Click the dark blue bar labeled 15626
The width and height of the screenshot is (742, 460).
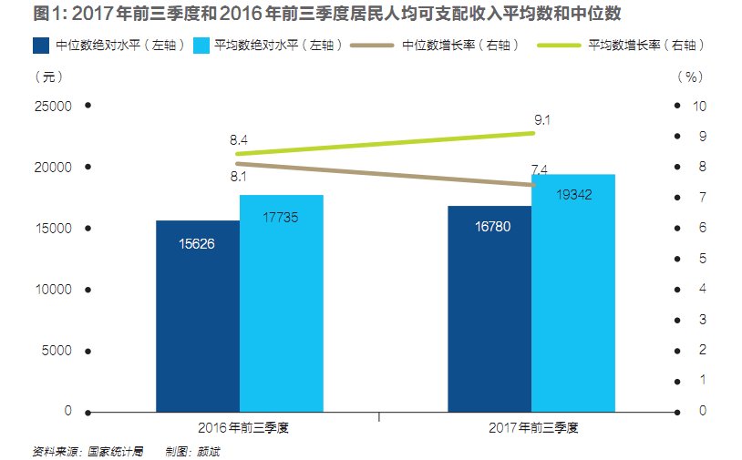click(x=197, y=317)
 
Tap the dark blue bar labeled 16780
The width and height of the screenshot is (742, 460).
click(x=489, y=310)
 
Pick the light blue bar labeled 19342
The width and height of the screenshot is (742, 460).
click(x=572, y=293)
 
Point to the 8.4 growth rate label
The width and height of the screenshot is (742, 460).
click(x=239, y=140)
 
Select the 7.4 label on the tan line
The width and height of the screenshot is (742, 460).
click(x=539, y=170)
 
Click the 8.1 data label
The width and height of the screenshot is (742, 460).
click(x=239, y=177)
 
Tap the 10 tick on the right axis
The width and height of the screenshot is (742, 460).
click(x=700, y=107)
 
